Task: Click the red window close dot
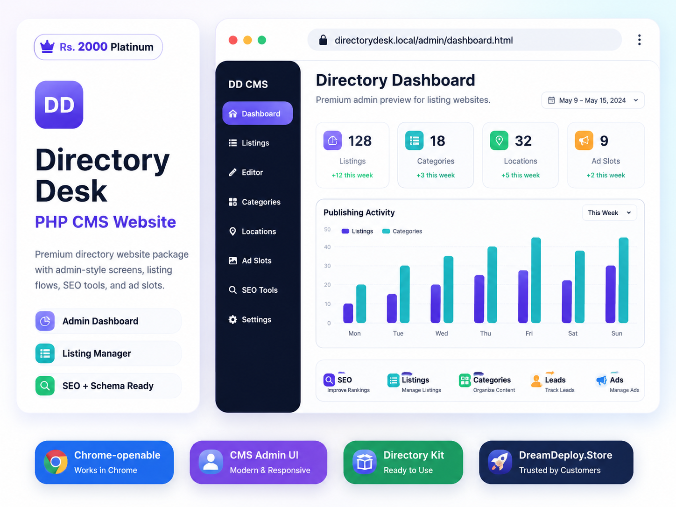click(233, 40)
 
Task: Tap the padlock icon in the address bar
click(323, 40)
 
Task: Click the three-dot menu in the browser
click(639, 40)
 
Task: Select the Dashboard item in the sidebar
click(257, 113)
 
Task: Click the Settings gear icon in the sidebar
click(233, 319)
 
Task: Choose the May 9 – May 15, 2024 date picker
click(593, 100)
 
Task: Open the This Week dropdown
click(610, 213)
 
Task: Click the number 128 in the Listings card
click(360, 141)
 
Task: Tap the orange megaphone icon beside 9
click(584, 141)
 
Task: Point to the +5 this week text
click(521, 175)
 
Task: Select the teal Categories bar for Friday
click(536, 280)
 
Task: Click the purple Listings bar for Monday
click(348, 313)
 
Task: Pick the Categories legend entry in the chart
click(402, 231)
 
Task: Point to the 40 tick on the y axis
click(327, 247)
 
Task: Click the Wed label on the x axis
click(442, 333)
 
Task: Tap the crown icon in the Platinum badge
click(48, 47)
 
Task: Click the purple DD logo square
click(59, 105)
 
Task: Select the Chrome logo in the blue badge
click(56, 462)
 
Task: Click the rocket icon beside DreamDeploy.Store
click(500, 462)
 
